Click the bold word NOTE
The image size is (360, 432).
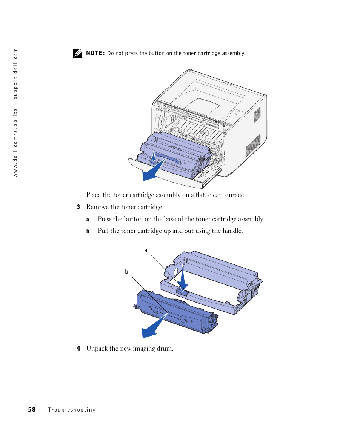[x=95, y=53]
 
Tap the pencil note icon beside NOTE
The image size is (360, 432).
[x=77, y=53]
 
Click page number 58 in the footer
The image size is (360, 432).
[x=32, y=410]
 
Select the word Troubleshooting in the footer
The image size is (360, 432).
[x=72, y=410]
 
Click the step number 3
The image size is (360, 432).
[x=78, y=207]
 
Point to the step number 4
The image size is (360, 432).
[x=78, y=349]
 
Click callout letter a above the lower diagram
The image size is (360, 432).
[x=146, y=250]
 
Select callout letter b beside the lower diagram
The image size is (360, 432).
[x=127, y=272]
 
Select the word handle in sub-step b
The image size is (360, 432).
[x=233, y=231]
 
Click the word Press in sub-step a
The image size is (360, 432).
[x=105, y=219]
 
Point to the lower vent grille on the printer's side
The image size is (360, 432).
[x=253, y=145]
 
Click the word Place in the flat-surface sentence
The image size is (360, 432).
[x=94, y=195]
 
